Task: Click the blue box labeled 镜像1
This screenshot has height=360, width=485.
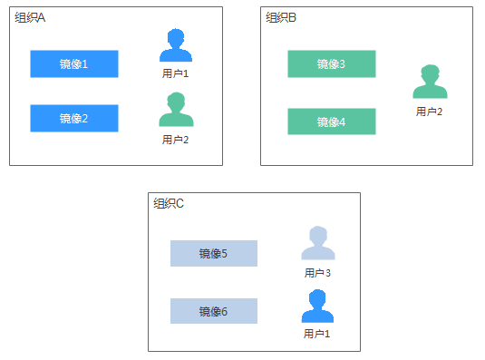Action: point(73,63)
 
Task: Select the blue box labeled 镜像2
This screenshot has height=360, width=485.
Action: point(73,118)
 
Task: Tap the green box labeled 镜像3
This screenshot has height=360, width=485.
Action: point(331,63)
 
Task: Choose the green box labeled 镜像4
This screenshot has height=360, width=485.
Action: point(331,122)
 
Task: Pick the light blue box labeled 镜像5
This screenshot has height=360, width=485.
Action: point(213,253)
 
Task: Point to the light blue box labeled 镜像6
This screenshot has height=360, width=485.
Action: point(213,311)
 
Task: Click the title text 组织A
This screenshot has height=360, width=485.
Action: point(30,18)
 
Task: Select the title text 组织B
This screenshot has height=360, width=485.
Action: point(281,18)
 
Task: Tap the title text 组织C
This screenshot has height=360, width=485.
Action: point(169,203)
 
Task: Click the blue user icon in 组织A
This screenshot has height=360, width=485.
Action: point(175,47)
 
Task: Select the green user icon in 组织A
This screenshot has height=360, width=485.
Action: point(175,111)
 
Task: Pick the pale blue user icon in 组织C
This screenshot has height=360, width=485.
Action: point(317,245)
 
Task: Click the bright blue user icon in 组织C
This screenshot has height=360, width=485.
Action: point(317,307)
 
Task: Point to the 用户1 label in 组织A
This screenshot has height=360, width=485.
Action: point(175,73)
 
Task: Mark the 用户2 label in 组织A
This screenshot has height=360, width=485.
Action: point(175,140)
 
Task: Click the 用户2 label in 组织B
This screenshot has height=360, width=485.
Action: point(430,112)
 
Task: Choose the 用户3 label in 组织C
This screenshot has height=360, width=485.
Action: point(317,272)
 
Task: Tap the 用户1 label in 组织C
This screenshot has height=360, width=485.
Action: point(317,334)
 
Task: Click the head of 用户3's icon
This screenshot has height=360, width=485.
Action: point(317,236)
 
